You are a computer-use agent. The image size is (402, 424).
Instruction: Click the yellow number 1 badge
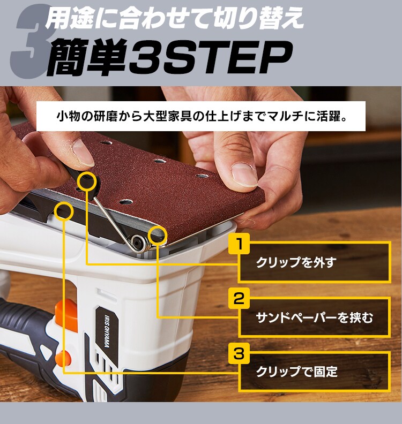pyautogui.click(x=240, y=244)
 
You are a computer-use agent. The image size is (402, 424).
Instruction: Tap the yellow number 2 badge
pyautogui.click(x=240, y=298)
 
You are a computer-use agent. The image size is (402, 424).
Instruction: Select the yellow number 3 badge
pyautogui.click(x=240, y=353)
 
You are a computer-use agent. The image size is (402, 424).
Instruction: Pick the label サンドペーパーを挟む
pyautogui.click(x=314, y=317)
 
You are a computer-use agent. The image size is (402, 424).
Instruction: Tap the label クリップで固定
pyautogui.click(x=296, y=371)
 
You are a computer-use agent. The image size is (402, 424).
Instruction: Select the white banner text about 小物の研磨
pyautogui.click(x=201, y=116)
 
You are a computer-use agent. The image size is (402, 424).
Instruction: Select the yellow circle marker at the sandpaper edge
pyautogui.click(x=157, y=234)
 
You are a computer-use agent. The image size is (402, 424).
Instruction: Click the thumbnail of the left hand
pyautogui.click(x=83, y=151)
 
